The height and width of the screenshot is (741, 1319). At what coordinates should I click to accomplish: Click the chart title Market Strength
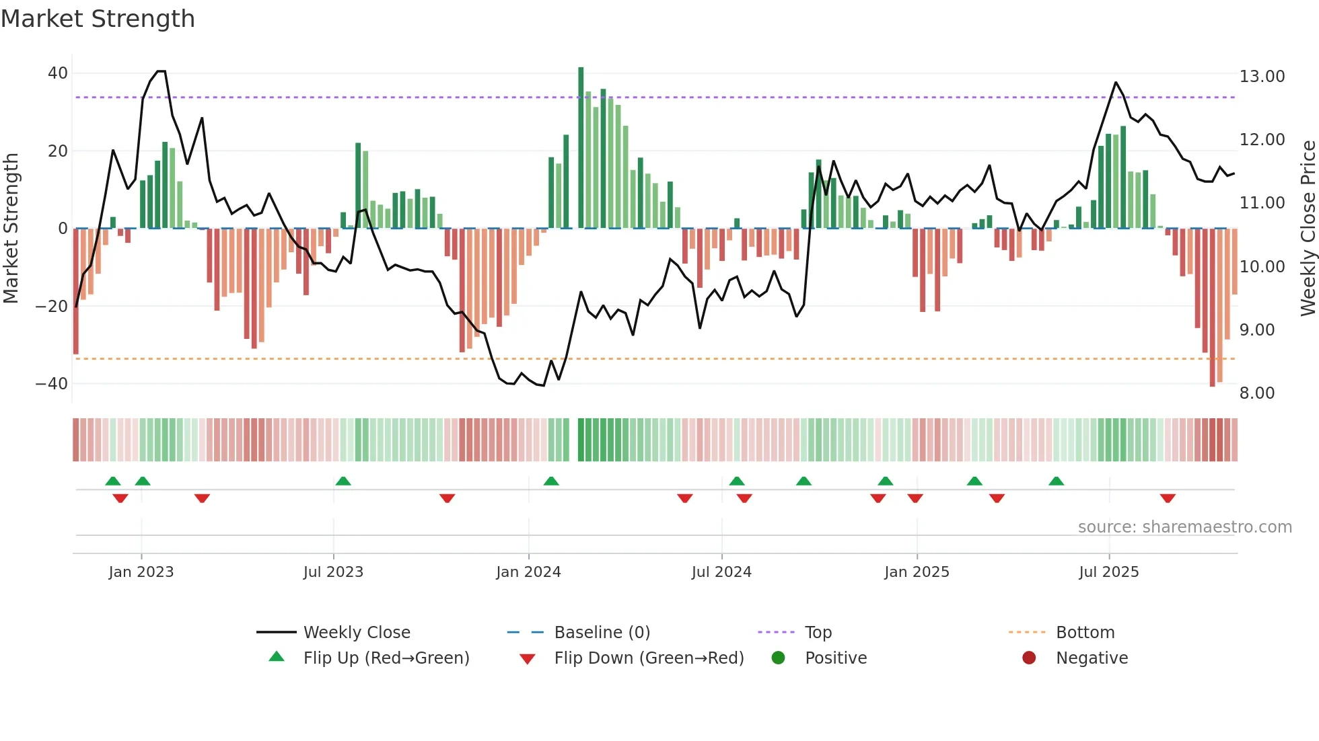pos(98,19)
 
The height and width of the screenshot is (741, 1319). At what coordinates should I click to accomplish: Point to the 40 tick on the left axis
pos(58,73)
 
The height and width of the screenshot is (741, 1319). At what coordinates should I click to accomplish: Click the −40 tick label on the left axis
pos(52,383)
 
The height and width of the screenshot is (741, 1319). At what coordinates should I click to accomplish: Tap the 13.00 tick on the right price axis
pos(1262,76)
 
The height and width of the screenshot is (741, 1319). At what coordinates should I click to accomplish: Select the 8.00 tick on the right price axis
pos(1256,393)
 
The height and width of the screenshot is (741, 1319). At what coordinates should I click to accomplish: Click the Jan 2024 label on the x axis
pos(528,572)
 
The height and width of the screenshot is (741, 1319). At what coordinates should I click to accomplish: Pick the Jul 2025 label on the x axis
pos(1108,572)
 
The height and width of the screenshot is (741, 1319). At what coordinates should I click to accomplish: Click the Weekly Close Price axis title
pos(1307,228)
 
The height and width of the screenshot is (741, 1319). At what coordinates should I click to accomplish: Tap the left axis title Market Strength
pos(11,228)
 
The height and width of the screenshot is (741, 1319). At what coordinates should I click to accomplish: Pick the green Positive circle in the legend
pos(778,658)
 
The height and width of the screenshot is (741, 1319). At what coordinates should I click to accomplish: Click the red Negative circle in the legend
pos(1028,658)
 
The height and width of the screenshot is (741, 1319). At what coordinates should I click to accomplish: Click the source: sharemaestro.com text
pos(1184,526)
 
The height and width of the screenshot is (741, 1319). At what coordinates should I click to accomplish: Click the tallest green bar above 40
pos(581,148)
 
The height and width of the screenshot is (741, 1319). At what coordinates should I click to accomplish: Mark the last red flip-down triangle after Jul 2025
pos(1168,498)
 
